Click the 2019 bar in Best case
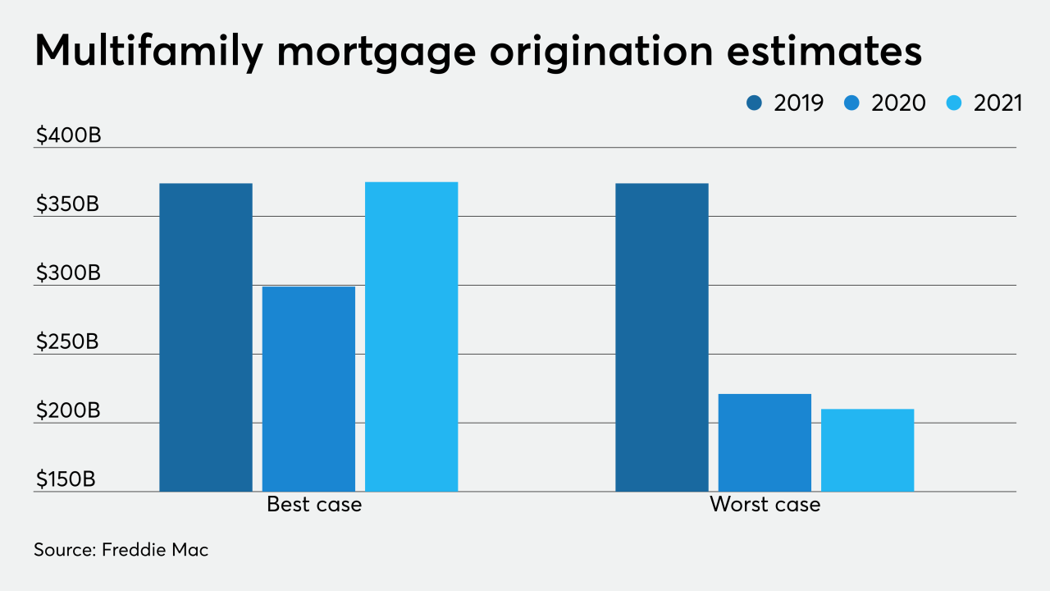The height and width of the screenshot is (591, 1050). pyautogui.click(x=206, y=337)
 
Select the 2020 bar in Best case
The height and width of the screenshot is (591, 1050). pyautogui.click(x=308, y=389)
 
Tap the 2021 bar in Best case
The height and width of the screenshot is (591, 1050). pyautogui.click(x=411, y=337)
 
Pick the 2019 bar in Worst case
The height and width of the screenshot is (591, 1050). pyautogui.click(x=662, y=337)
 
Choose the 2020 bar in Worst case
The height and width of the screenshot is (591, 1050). pyautogui.click(x=765, y=442)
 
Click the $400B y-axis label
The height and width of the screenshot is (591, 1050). pyautogui.click(x=67, y=135)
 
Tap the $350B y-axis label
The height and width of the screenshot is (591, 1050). pyautogui.click(x=67, y=204)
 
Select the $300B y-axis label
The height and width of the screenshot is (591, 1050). pyautogui.click(x=67, y=273)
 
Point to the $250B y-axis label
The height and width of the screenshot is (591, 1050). pyautogui.click(x=67, y=341)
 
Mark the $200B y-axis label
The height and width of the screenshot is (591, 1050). pyautogui.click(x=67, y=410)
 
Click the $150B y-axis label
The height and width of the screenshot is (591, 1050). pyautogui.click(x=66, y=479)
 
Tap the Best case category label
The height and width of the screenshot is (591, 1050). pyautogui.click(x=314, y=504)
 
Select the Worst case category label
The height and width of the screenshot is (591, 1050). pyautogui.click(x=765, y=504)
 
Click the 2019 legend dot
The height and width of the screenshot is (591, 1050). pyautogui.click(x=755, y=103)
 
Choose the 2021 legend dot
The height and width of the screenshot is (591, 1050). pyautogui.click(x=956, y=103)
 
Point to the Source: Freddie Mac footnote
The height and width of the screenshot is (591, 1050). pyautogui.click(x=121, y=550)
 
